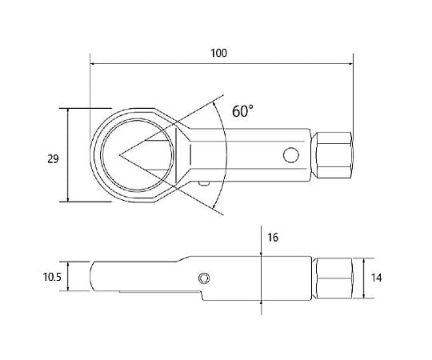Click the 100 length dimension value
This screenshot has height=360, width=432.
click(x=218, y=53)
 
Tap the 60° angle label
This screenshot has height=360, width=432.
click(x=242, y=111)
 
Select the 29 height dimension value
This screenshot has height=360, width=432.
click(x=53, y=159)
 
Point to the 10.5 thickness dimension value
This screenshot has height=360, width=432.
click(x=52, y=277)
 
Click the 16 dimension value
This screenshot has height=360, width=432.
click(x=273, y=238)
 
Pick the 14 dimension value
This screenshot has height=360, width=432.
click(x=376, y=278)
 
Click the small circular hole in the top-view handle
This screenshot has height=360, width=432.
click(x=291, y=155)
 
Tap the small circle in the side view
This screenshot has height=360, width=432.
click(x=204, y=278)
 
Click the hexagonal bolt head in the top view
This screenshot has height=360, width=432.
click(x=333, y=155)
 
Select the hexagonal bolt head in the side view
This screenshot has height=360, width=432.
click(x=333, y=278)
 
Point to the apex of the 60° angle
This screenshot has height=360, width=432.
click(x=119, y=155)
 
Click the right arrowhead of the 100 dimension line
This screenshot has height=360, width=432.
click(x=351, y=64)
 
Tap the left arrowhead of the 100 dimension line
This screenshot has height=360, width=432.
click(x=93, y=64)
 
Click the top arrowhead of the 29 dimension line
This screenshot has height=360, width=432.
click(x=68, y=110)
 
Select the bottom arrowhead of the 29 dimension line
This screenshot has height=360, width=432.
click(x=68, y=199)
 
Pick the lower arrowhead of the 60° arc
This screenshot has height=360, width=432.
click(x=214, y=206)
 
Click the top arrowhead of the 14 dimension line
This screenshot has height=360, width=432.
click(x=364, y=261)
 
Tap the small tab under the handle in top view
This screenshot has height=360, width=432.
click(x=204, y=183)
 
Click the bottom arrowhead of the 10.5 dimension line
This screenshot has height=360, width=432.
click(x=68, y=288)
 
